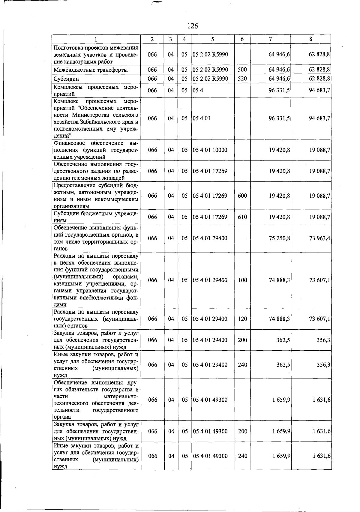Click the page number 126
click(x=192, y=26)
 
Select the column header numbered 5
click(x=212, y=39)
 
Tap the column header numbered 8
click(x=311, y=39)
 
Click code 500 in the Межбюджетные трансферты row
click(x=242, y=70)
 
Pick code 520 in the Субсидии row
click(x=242, y=79)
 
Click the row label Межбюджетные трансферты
click(x=91, y=70)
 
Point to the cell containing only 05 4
click(x=198, y=90)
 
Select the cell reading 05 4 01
click(x=202, y=118)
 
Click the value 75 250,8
click(x=279, y=238)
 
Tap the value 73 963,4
click(x=319, y=238)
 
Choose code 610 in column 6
click(x=242, y=217)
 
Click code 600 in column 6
click(x=242, y=196)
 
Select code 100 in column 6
click(x=242, y=280)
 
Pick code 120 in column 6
click(x=242, y=319)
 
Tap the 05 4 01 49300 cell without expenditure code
click(x=210, y=400)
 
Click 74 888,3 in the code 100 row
click(x=279, y=280)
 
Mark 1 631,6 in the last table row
click(x=321, y=456)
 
